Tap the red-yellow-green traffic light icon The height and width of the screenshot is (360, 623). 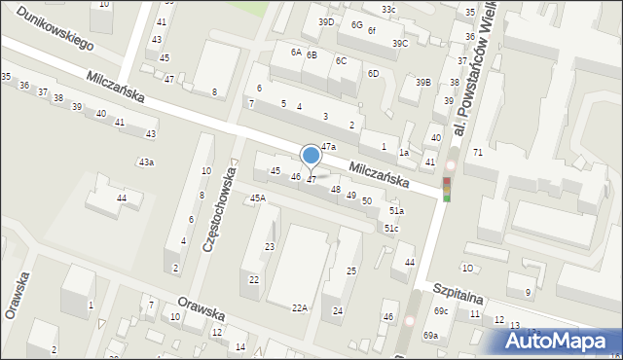pyautogui.click(x=447, y=189)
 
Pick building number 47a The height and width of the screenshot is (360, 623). pyautogui.click(x=328, y=147)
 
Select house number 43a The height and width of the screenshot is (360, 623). pyautogui.click(x=146, y=162)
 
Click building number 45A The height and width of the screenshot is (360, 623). pyautogui.click(x=257, y=198)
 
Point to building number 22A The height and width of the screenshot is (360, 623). pyautogui.click(x=300, y=307)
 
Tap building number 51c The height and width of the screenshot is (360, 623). pyautogui.click(x=390, y=228)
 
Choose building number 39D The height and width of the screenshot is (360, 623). pyautogui.click(x=326, y=21)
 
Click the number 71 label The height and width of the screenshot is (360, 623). pyautogui.click(x=478, y=153)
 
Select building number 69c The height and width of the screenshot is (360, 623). pyautogui.click(x=441, y=310)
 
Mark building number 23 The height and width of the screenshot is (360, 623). pyautogui.click(x=270, y=247)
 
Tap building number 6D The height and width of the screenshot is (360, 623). pyautogui.click(x=373, y=74)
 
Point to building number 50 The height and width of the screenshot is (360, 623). pyautogui.click(x=366, y=200)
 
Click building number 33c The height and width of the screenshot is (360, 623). pyautogui.click(x=388, y=10)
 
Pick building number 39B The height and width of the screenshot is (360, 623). pyautogui.click(x=422, y=83)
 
